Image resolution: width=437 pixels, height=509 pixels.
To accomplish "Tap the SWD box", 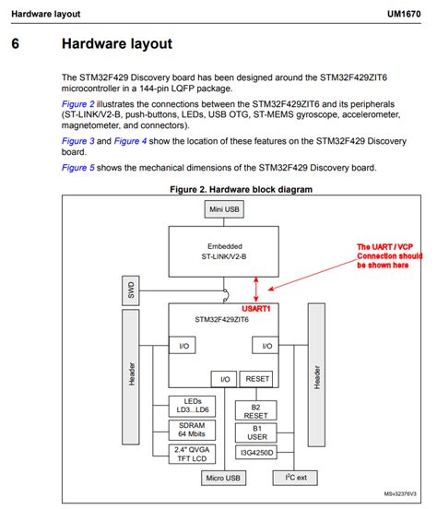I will pyautogui.click(x=128, y=291).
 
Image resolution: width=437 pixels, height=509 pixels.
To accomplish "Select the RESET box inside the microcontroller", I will pyautogui.click(x=257, y=379).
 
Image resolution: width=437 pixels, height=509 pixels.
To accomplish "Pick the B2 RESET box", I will pyautogui.click(x=257, y=409).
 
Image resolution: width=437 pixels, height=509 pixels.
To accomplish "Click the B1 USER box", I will pyautogui.click(x=257, y=432).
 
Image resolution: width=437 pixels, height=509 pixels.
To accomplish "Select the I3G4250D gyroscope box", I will pyautogui.click(x=257, y=453).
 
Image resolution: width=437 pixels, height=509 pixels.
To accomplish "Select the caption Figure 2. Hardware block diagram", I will pyautogui.click(x=242, y=188).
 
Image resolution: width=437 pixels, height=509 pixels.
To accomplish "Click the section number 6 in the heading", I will pyautogui.click(x=16, y=43).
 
